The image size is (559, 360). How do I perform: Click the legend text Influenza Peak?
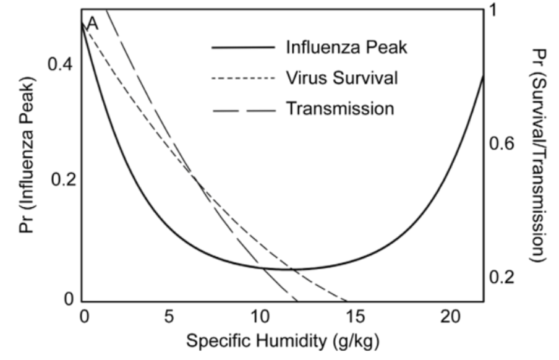[346, 47]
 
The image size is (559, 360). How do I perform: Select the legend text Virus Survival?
[341, 78]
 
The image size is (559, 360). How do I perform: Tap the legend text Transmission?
[339, 108]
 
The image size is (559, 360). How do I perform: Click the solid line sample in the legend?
[242, 48]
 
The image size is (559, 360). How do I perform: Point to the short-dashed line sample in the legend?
[242, 79]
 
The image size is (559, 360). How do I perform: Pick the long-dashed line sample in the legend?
[242, 110]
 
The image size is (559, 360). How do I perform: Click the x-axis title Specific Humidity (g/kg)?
[282, 341]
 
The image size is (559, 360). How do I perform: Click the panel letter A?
[93, 24]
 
